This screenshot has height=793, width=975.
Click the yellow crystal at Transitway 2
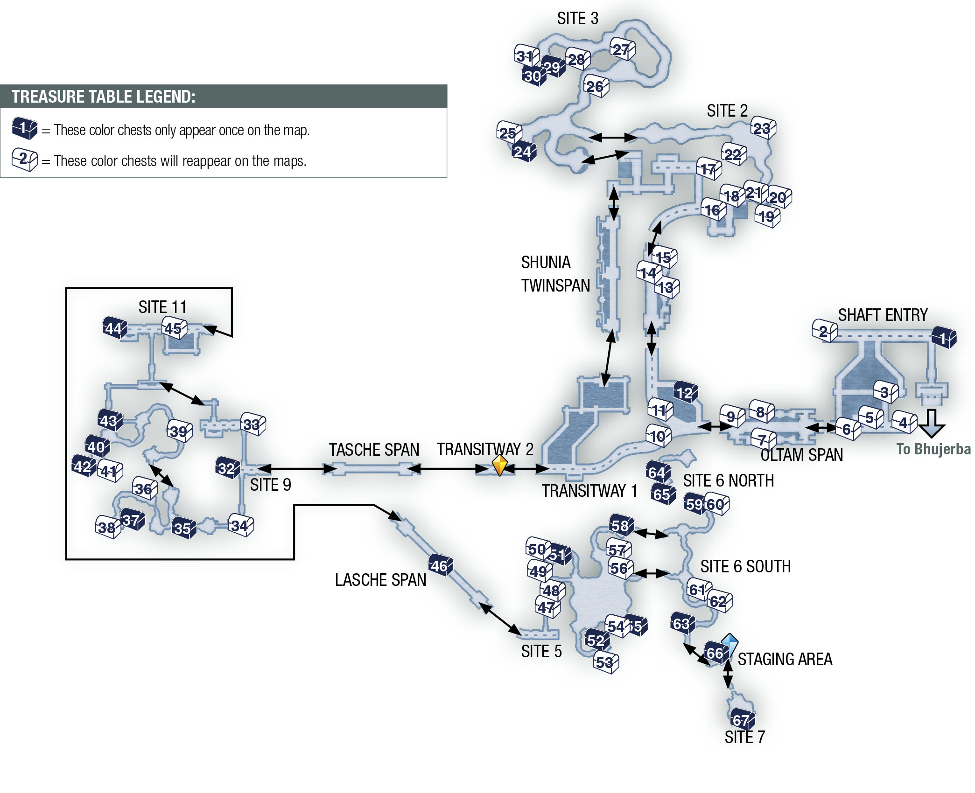[499, 466]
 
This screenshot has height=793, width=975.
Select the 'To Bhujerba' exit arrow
[932, 423]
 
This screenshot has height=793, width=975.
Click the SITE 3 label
[577, 19]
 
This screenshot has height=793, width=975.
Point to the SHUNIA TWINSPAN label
[555, 274]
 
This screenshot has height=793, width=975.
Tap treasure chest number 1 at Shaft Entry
[944, 337]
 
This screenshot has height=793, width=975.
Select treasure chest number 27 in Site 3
[622, 49]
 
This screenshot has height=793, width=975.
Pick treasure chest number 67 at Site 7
[742, 720]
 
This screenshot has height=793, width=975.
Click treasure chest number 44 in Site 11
[115, 328]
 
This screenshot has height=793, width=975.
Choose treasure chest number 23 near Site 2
[763, 127]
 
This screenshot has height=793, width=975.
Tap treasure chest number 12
[686, 392]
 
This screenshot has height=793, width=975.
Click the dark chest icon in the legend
[25, 128]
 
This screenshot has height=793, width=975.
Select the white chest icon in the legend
[25, 160]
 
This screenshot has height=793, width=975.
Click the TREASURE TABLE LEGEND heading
[103, 97]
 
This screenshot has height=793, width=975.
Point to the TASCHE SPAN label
[374, 450]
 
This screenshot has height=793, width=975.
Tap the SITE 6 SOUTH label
[745, 566]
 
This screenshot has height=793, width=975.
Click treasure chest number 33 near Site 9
[253, 424]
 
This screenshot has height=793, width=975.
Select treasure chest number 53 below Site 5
[606, 662]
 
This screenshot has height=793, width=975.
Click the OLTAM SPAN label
[801, 455]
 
